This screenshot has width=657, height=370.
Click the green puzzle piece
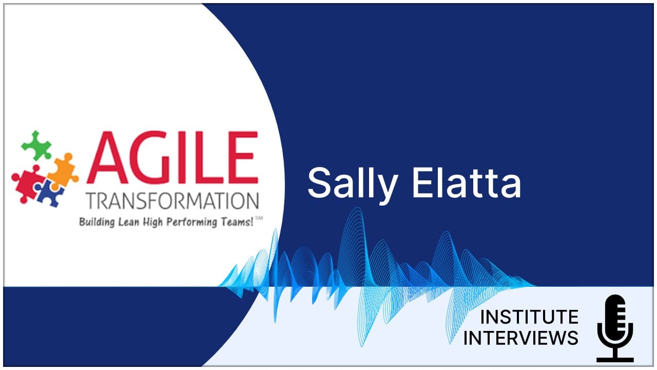click(x=36, y=145)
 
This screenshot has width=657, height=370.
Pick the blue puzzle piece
click(x=49, y=192)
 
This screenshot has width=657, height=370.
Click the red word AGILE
click(x=172, y=157)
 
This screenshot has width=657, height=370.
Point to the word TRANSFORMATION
click(x=173, y=201)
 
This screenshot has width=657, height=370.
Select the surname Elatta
click(x=467, y=183)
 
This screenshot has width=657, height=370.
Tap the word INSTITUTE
click(x=529, y=317)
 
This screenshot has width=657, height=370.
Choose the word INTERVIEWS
click(x=521, y=338)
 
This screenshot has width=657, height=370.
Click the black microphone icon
click(x=615, y=328)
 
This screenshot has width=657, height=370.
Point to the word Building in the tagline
click(x=97, y=223)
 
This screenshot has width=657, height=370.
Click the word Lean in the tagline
click(x=129, y=222)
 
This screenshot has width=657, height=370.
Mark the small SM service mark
click(x=259, y=218)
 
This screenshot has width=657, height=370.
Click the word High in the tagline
click(x=152, y=223)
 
